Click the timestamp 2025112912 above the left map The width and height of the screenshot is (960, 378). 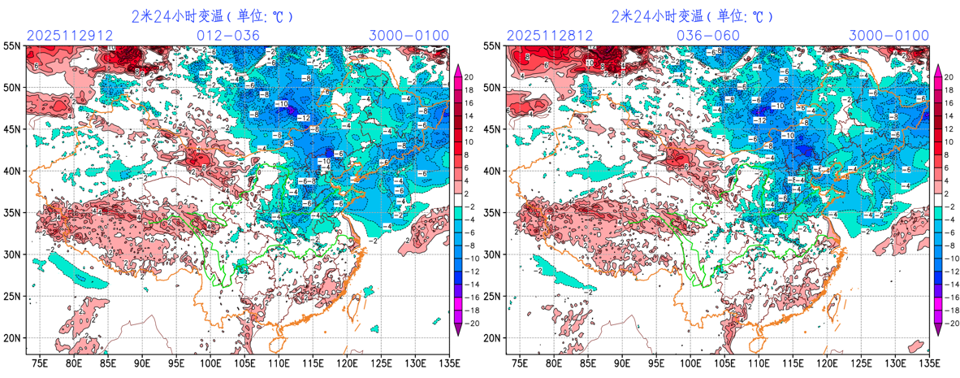(x=61, y=36)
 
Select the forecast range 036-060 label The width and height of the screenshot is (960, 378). (x=708, y=36)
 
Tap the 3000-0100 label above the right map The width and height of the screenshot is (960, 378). (x=889, y=36)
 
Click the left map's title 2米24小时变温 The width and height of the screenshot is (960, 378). (x=177, y=15)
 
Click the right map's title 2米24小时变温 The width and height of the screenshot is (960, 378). (x=657, y=15)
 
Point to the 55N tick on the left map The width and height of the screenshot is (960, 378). (x=13, y=46)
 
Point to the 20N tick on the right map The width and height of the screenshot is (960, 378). (x=493, y=338)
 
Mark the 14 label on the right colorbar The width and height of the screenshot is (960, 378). (x=949, y=113)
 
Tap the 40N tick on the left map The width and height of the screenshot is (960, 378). (x=13, y=172)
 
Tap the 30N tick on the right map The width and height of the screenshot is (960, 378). (x=493, y=254)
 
